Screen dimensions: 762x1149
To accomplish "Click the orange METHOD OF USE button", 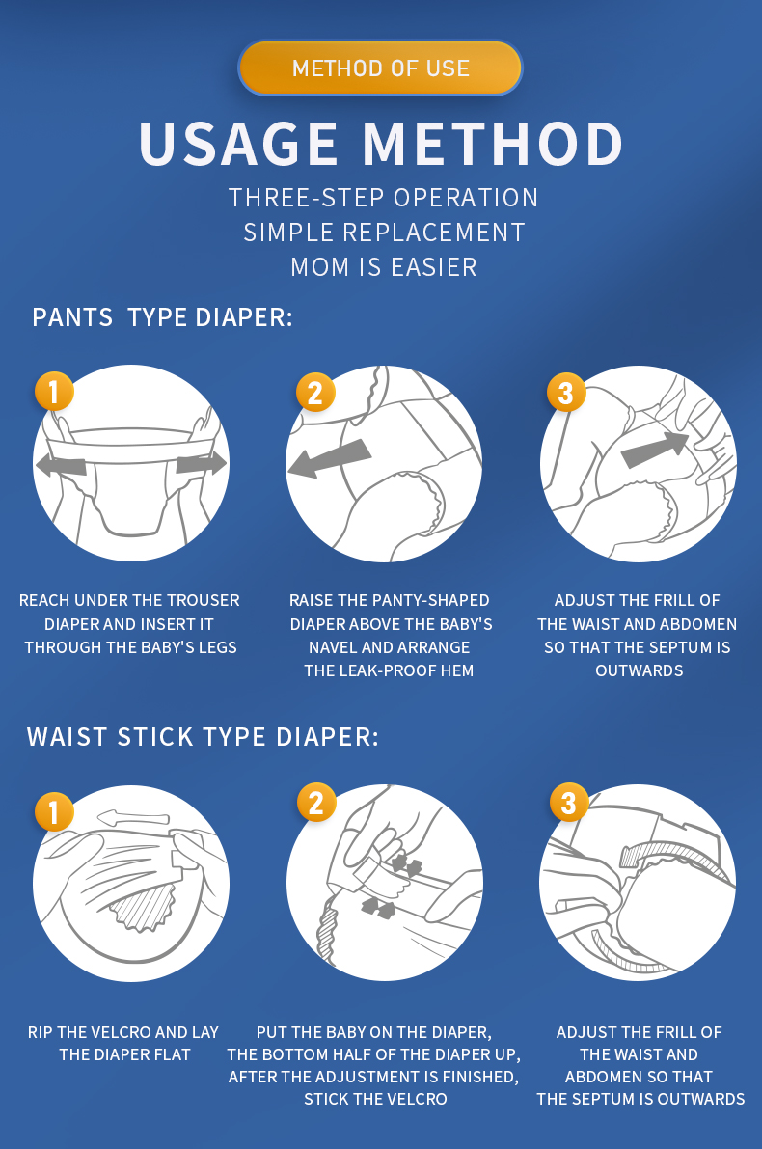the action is [380, 68].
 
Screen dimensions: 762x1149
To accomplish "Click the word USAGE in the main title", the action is [239, 144].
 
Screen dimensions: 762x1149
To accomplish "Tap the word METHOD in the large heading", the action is [493, 144].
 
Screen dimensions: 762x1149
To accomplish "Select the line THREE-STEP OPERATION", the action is [383, 198].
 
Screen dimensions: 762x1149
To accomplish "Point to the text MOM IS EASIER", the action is [383, 267].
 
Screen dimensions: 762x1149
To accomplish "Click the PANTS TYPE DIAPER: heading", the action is [162, 318].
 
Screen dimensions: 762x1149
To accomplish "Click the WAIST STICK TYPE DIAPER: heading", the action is [203, 737].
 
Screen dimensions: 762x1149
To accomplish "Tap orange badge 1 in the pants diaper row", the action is [54, 392].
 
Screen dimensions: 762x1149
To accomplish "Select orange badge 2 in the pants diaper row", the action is [315, 392].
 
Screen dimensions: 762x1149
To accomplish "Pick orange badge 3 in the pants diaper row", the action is [566, 392].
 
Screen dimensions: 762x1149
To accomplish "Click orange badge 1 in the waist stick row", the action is [54, 811].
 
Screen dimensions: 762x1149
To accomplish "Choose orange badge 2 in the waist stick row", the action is [316, 803].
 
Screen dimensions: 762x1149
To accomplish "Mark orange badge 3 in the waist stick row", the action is [569, 803].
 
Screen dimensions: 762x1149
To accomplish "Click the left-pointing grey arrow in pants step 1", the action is [61, 465].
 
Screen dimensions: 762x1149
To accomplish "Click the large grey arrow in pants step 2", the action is [329, 458].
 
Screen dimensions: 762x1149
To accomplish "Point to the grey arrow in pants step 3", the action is [655, 449].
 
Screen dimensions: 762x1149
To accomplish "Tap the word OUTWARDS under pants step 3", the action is [639, 671].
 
